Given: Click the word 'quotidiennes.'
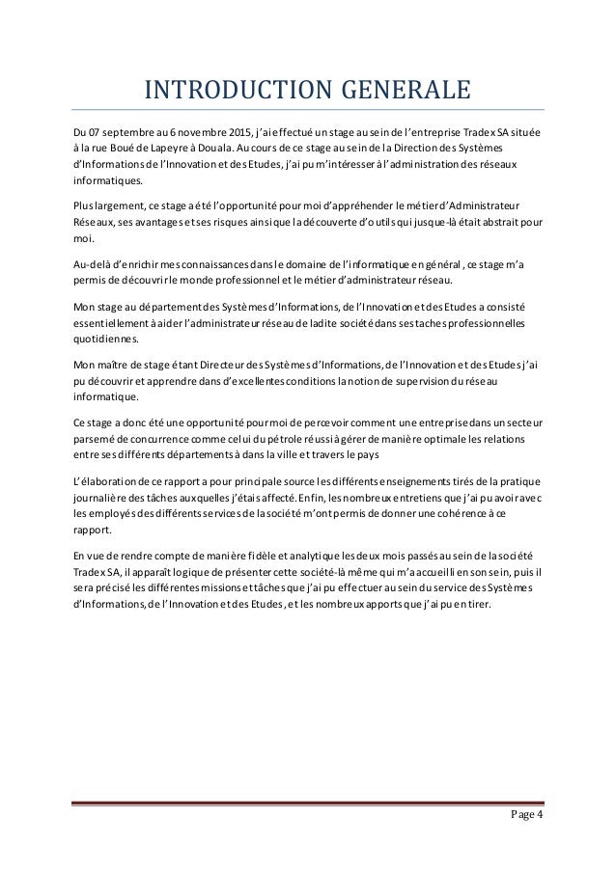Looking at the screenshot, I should [x=99, y=339].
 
